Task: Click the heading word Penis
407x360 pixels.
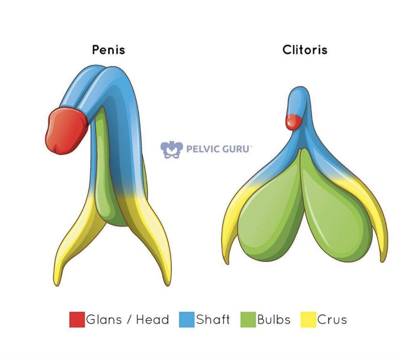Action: click(x=108, y=50)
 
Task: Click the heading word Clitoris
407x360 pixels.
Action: click(x=305, y=50)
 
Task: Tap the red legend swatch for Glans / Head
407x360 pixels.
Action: click(x=77, y=319)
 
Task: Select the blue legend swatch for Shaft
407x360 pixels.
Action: click(x=187, y=319)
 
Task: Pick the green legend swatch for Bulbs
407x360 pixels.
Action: click(x=248, y=319)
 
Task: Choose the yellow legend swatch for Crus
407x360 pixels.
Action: click(x=308, y=319)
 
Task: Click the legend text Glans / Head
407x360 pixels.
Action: click(x=128, y=319)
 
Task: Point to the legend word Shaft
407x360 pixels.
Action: click(x=213, y=319)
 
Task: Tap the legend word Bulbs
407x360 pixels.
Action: click(x=274, y=319)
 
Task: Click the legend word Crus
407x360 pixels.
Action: click(x=332, y=319)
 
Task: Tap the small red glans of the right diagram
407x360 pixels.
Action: click(x=293, y=122)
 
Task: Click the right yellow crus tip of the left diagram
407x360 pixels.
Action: click(x=166, y=275)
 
